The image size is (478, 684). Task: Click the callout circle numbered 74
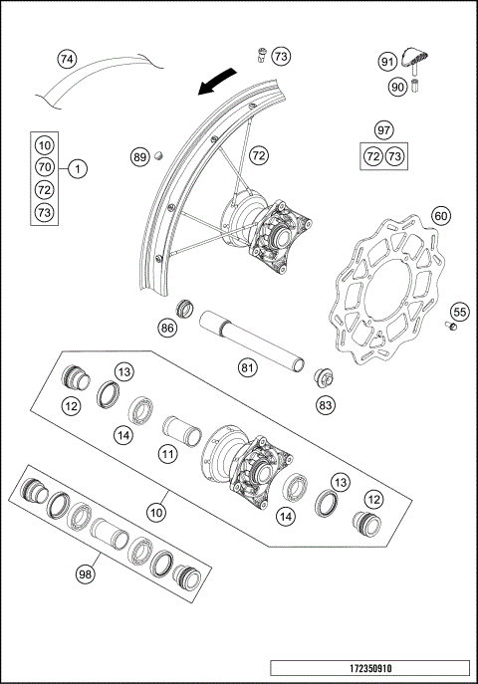coord(66,59)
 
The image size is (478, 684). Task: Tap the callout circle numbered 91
coord(387,62)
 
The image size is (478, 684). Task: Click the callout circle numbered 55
coord(458,312)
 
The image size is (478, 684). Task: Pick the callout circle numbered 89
coord(140,156)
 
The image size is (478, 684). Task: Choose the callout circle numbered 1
coord(79,167)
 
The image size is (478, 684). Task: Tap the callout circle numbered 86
coord(167,326)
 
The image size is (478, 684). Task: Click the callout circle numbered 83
coord(325,405)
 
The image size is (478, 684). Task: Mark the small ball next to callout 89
coord(157,155)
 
